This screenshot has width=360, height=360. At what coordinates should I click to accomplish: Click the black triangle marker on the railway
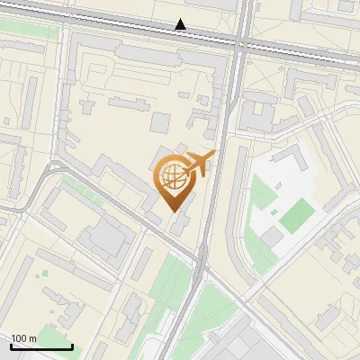point(181,24)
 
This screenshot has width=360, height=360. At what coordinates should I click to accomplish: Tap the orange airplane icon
point(198,165)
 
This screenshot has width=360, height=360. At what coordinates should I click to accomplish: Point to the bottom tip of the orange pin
point(172,211)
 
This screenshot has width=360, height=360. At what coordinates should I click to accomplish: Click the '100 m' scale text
point(23,338)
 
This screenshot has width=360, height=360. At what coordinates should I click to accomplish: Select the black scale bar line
point(41,346)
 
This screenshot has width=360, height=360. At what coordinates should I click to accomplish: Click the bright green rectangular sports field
point(297,213)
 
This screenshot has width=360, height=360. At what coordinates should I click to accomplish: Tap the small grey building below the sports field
point(273,237)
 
